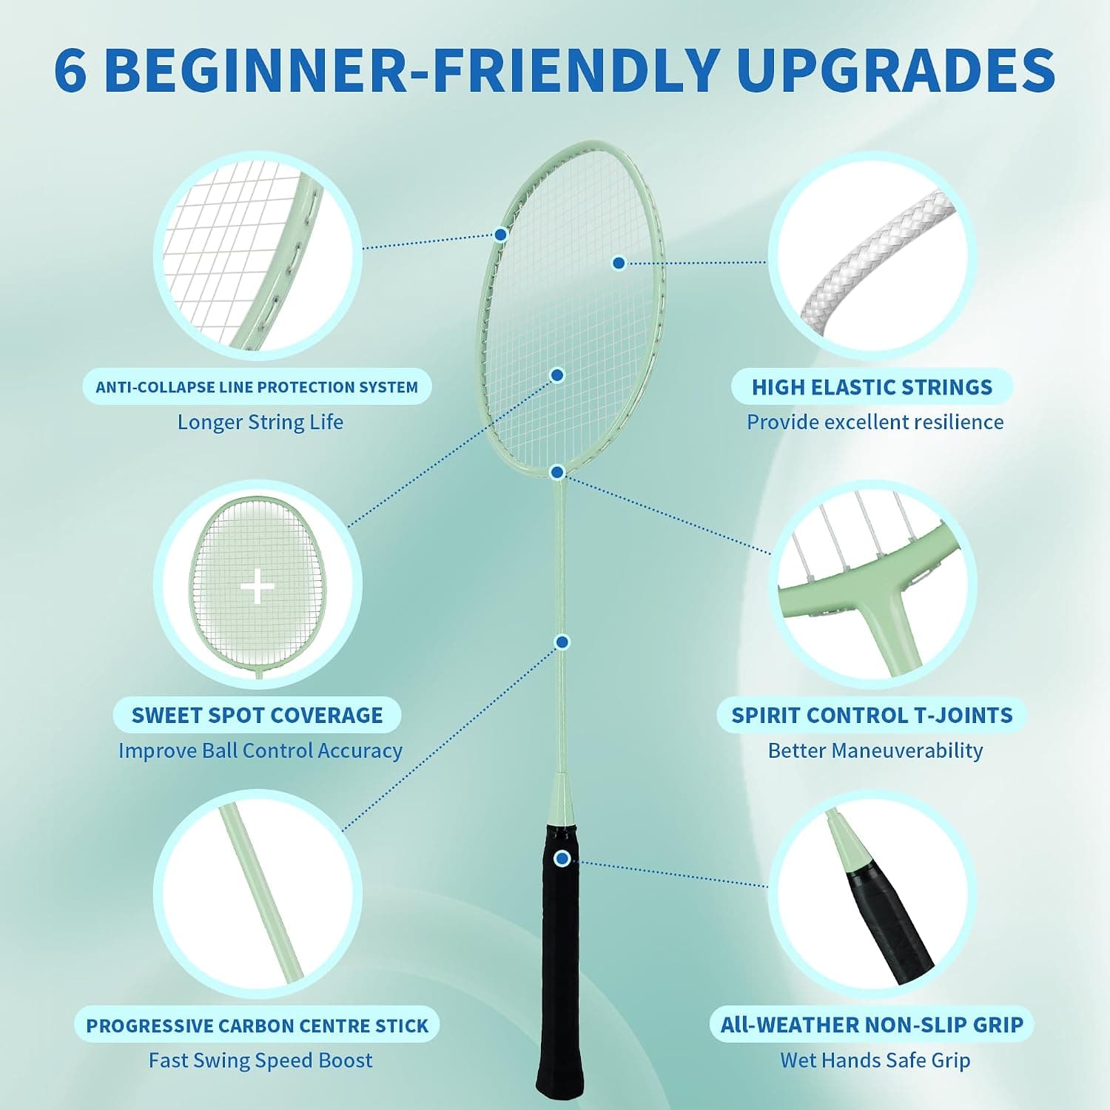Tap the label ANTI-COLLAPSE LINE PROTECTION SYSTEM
coord(257,387)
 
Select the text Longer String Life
coord(260,422)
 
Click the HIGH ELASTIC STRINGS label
coord(872,387)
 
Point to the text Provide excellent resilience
coord(875,422)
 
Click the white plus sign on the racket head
coord(258,588)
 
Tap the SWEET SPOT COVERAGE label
coord(258,716)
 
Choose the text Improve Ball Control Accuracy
coord(260,750)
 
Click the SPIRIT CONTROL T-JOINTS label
coord(872,716)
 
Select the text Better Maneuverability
coord(875,750)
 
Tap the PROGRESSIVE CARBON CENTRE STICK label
coord(258,1026)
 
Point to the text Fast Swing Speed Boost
coord(260,1060)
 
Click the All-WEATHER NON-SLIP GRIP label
coord(872,1025)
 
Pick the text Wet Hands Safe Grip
coord(875,1060)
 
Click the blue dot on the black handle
coord(562,858)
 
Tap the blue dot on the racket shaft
coord(562,642)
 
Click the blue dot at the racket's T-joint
coord(558,472)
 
